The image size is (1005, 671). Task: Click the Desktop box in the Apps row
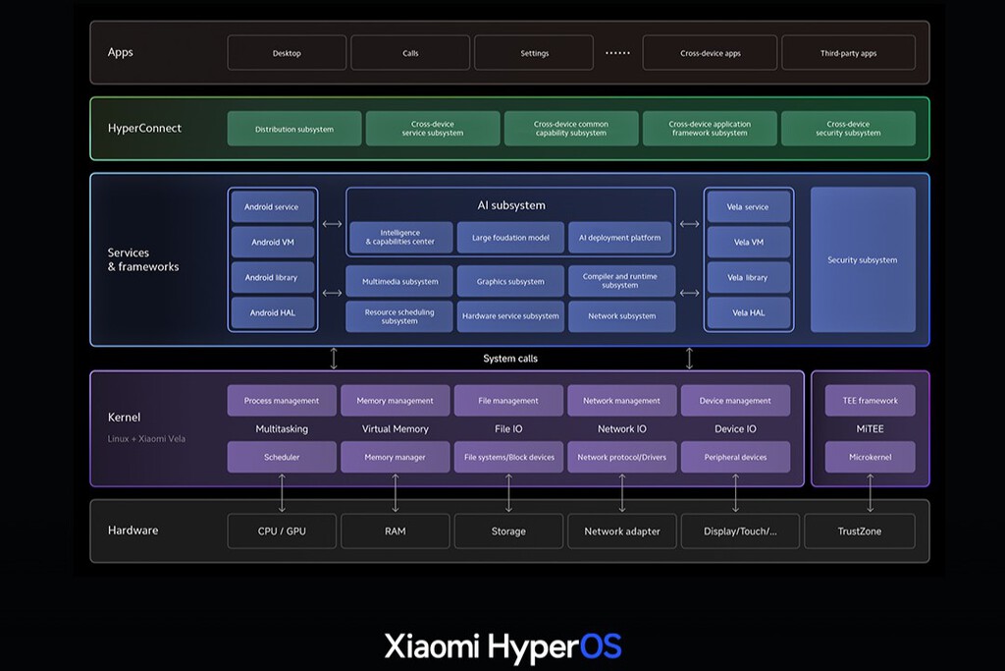click(x=287, y=53)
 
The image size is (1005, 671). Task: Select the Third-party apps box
click(x=848, y=53)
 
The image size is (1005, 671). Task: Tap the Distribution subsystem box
click(x=294, y=129)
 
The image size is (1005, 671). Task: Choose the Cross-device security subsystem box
click(x=848, y=129)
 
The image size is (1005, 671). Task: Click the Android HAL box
click(x=273, y=312)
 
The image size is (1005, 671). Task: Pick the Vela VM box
click(x=748, y=242)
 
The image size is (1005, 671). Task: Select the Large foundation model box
click(x=510, y=237)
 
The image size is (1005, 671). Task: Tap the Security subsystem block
click(x=863, y=260)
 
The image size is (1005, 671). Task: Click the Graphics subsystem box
click(x=510, y=281)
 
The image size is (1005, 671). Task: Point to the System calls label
click(x=510, y=359)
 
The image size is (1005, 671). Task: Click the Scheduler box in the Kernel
click(x=282, y=457)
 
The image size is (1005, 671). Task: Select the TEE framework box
click(x=870, y=400)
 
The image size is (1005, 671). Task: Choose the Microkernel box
click(x=870, y=457)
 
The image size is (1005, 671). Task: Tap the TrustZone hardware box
click(x=859, y=531)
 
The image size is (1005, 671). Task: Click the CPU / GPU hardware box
click(x=282, y=531)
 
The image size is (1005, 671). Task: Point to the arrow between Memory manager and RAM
click(x=396, y=493)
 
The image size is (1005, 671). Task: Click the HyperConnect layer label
click(x=144, y=128)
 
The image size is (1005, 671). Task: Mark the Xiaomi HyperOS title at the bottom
click(x=502, y=646)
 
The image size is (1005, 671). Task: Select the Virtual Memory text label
click(x=396, y=428)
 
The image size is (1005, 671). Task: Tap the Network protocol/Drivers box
click(x=622, y=457)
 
